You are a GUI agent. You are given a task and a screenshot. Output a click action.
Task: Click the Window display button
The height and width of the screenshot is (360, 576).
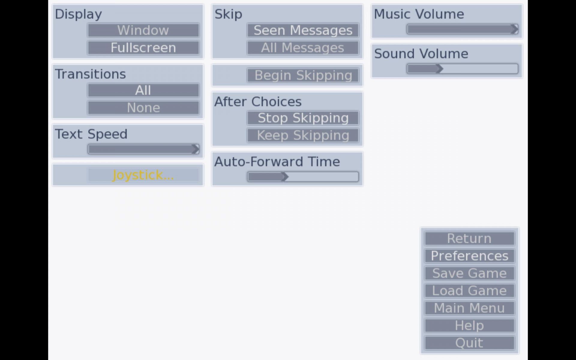point(143,30)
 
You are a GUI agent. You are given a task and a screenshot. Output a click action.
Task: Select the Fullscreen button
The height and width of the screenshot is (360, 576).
point(143,48)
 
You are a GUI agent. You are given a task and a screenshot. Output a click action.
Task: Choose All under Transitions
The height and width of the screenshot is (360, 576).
point(143,90)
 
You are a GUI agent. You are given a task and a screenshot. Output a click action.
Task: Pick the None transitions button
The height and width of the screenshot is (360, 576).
point(143,108)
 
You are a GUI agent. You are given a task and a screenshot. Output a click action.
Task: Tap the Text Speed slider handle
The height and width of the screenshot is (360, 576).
point(196,149)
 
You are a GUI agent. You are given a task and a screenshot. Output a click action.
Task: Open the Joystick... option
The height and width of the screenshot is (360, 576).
point(143,175)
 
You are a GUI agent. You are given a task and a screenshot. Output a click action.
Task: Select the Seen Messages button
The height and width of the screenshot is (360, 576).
point(303,30)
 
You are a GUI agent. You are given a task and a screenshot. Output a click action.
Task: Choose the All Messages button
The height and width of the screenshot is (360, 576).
point(303,48)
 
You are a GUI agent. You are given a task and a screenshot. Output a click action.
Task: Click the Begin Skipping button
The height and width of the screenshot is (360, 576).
point(303,75)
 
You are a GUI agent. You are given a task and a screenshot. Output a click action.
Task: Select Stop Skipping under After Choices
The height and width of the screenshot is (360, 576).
point(303,118)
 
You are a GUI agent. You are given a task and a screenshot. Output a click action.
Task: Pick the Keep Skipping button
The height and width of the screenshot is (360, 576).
point(303,135)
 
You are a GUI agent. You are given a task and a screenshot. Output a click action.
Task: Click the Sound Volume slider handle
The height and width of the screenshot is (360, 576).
point(440,69)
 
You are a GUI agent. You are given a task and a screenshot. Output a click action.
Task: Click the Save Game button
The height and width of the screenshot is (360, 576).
point(469,273)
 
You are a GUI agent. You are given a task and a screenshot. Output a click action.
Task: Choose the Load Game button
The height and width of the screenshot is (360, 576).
point(469,291)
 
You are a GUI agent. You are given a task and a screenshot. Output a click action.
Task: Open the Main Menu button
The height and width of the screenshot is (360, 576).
point(469,308)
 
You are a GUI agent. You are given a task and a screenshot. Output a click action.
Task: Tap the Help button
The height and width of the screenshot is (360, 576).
point(469,325)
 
